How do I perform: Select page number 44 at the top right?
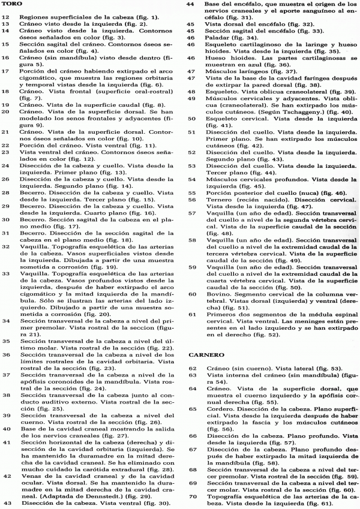point(190,4)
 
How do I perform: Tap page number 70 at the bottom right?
point(193,496)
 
